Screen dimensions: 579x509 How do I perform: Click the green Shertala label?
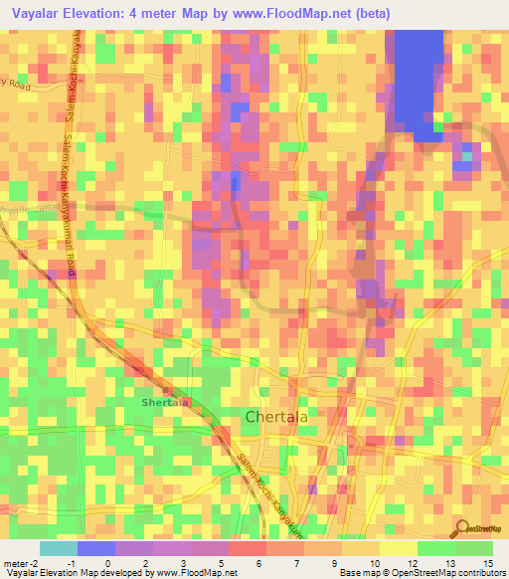(164, 402)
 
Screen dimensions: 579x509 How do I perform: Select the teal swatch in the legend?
(58, 548)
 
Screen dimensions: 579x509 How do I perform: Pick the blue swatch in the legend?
(95, 548)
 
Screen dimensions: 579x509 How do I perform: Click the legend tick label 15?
(487, 563)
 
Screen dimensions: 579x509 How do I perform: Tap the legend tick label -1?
(73, 563)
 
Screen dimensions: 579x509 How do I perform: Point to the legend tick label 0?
(110, 563)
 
